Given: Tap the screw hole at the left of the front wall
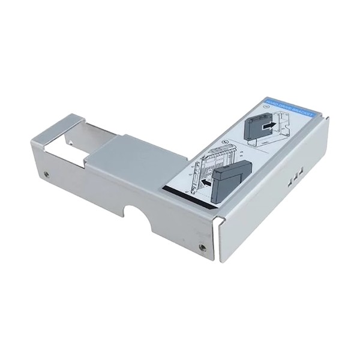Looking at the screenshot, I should point(47,175).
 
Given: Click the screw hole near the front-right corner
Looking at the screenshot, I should point(202,247).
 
